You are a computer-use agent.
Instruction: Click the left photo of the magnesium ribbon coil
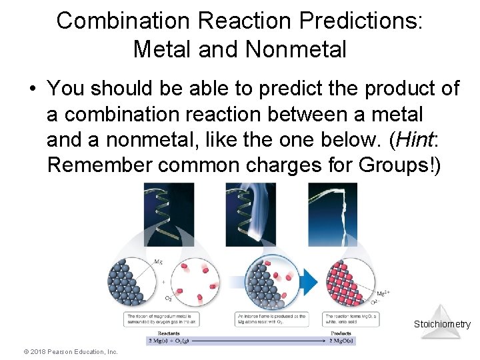[169, 214]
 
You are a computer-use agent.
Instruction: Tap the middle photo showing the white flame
[250, 214]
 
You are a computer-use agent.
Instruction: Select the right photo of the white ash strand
[332, 214]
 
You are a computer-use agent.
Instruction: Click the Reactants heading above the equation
[169, 333]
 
